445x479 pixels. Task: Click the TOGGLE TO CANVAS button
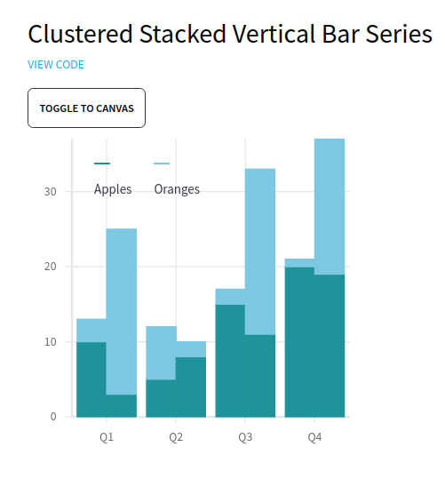(86, 108)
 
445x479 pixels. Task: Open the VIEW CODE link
(56, 65)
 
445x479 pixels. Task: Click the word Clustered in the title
(80, 34)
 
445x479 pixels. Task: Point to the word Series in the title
(399, 34)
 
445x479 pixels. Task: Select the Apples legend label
(113, 189)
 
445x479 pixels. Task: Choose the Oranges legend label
(177, 189)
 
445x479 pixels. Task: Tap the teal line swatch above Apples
(102, 164)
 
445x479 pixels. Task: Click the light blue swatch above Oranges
(162, 164)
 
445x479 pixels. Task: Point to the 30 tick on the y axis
(51, 192)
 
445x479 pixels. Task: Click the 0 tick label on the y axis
(53, 417)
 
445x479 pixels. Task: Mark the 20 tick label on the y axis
(51, 267)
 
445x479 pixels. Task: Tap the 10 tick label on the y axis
(51, 341)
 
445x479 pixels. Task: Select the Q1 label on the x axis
(107, 437)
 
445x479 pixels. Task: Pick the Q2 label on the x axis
(176, 437)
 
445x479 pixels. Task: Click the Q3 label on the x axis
(245, 437)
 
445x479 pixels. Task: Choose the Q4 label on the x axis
(314, 437)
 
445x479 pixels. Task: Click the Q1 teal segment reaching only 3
(122, 405)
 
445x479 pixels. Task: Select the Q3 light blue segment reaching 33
(260, 251)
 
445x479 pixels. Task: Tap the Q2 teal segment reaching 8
(191, 387)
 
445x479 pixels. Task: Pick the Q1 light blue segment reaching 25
(122, 312)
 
